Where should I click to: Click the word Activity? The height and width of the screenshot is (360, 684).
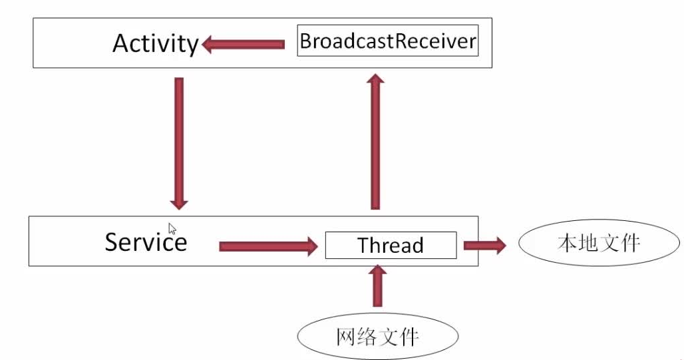pyautogui.click(x=156, y=44)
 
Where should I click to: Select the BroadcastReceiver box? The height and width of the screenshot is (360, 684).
pyautogui.click(x=388, y=41)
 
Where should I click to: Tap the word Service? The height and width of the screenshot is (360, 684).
pyautogui.click(x=146, y=242)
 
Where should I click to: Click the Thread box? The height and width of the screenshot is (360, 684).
pyautogui.click(x=391, y=246)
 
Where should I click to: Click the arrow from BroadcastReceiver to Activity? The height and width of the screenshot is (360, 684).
pyautogui.click(x=244, y=45)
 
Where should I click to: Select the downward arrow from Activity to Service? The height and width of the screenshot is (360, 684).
pyautogui.click(x=179, y=144)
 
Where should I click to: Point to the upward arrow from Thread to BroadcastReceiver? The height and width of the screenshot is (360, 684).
pyautogui.click(x=375, y=141)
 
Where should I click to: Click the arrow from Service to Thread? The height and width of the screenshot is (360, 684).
pyautogui.click(x=268, y=247)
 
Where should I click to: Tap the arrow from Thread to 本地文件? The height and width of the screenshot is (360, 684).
pyautogui.click(x=484, y=246)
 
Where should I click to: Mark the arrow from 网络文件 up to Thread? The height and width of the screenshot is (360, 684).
pyautogui.click(x=378, y=286)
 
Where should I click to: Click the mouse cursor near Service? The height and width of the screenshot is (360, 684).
pyautogui.click(x=172, y=229)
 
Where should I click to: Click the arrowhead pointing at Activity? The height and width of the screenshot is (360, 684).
pyautogui.click(x=208, y=45)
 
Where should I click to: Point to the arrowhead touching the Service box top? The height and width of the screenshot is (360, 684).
pyautogui.click(x=179, y=204)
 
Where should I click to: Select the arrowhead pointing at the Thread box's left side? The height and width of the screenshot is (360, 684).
pyautogui.click(x=313, y=247)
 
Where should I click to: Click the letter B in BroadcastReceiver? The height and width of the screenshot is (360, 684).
pyautogui.click(x=305, y=41)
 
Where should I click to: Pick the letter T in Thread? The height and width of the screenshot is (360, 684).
pyautogui.click(x=363, y=246)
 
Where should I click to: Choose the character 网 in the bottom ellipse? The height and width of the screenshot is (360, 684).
pyautogui.click(x=345, y=337)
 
